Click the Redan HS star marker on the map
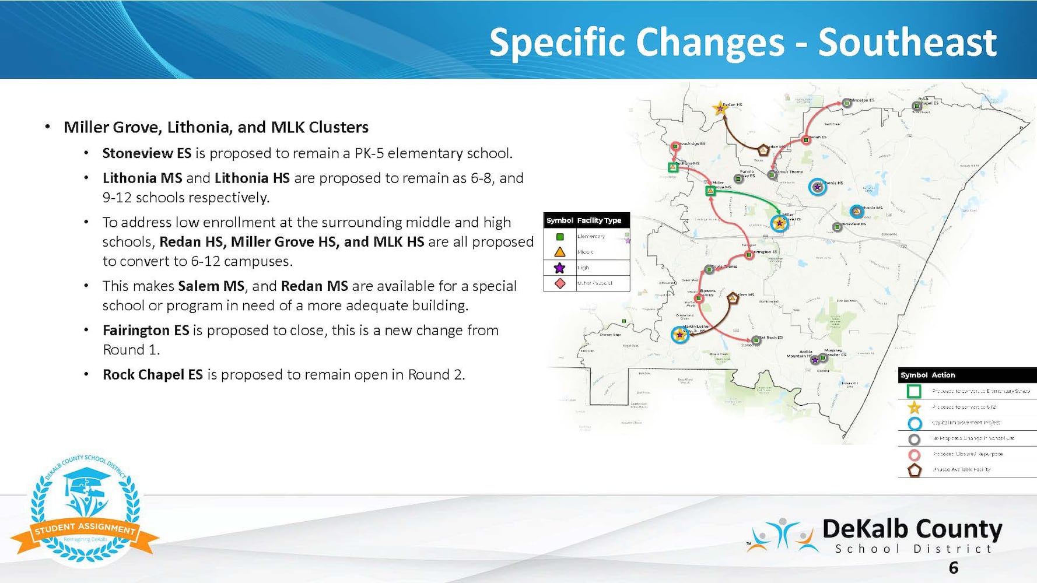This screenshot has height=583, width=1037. (720, 108)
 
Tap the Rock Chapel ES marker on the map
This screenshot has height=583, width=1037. (917, 106)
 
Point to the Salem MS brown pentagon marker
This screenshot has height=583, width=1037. (733, 298)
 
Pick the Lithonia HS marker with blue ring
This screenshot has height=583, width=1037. (818, 187)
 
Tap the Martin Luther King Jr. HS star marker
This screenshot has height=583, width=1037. (679, 335)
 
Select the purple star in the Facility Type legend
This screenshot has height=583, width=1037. (559, 268)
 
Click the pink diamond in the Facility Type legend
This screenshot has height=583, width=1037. (560, 283)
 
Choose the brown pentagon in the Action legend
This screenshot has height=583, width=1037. (915, 470)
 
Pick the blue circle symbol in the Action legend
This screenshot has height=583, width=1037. (915, 423)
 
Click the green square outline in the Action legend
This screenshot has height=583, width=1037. (915, 391)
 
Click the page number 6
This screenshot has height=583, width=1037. (954, 567)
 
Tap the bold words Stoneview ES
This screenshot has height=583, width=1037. (146, 153)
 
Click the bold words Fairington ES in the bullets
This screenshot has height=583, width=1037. (146, 331)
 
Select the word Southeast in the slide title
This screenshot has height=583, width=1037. (907, 43)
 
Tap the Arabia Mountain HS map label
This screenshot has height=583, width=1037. (798, 354)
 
